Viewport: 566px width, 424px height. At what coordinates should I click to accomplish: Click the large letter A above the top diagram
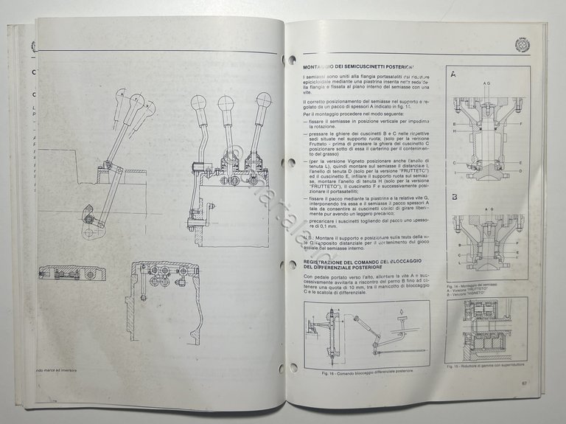(453, 74)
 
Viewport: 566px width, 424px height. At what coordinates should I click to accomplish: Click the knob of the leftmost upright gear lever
(198, 103)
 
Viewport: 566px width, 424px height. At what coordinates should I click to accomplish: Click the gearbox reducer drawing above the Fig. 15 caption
(486, 330)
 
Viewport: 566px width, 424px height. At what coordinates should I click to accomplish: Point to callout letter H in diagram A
(455, 131)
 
